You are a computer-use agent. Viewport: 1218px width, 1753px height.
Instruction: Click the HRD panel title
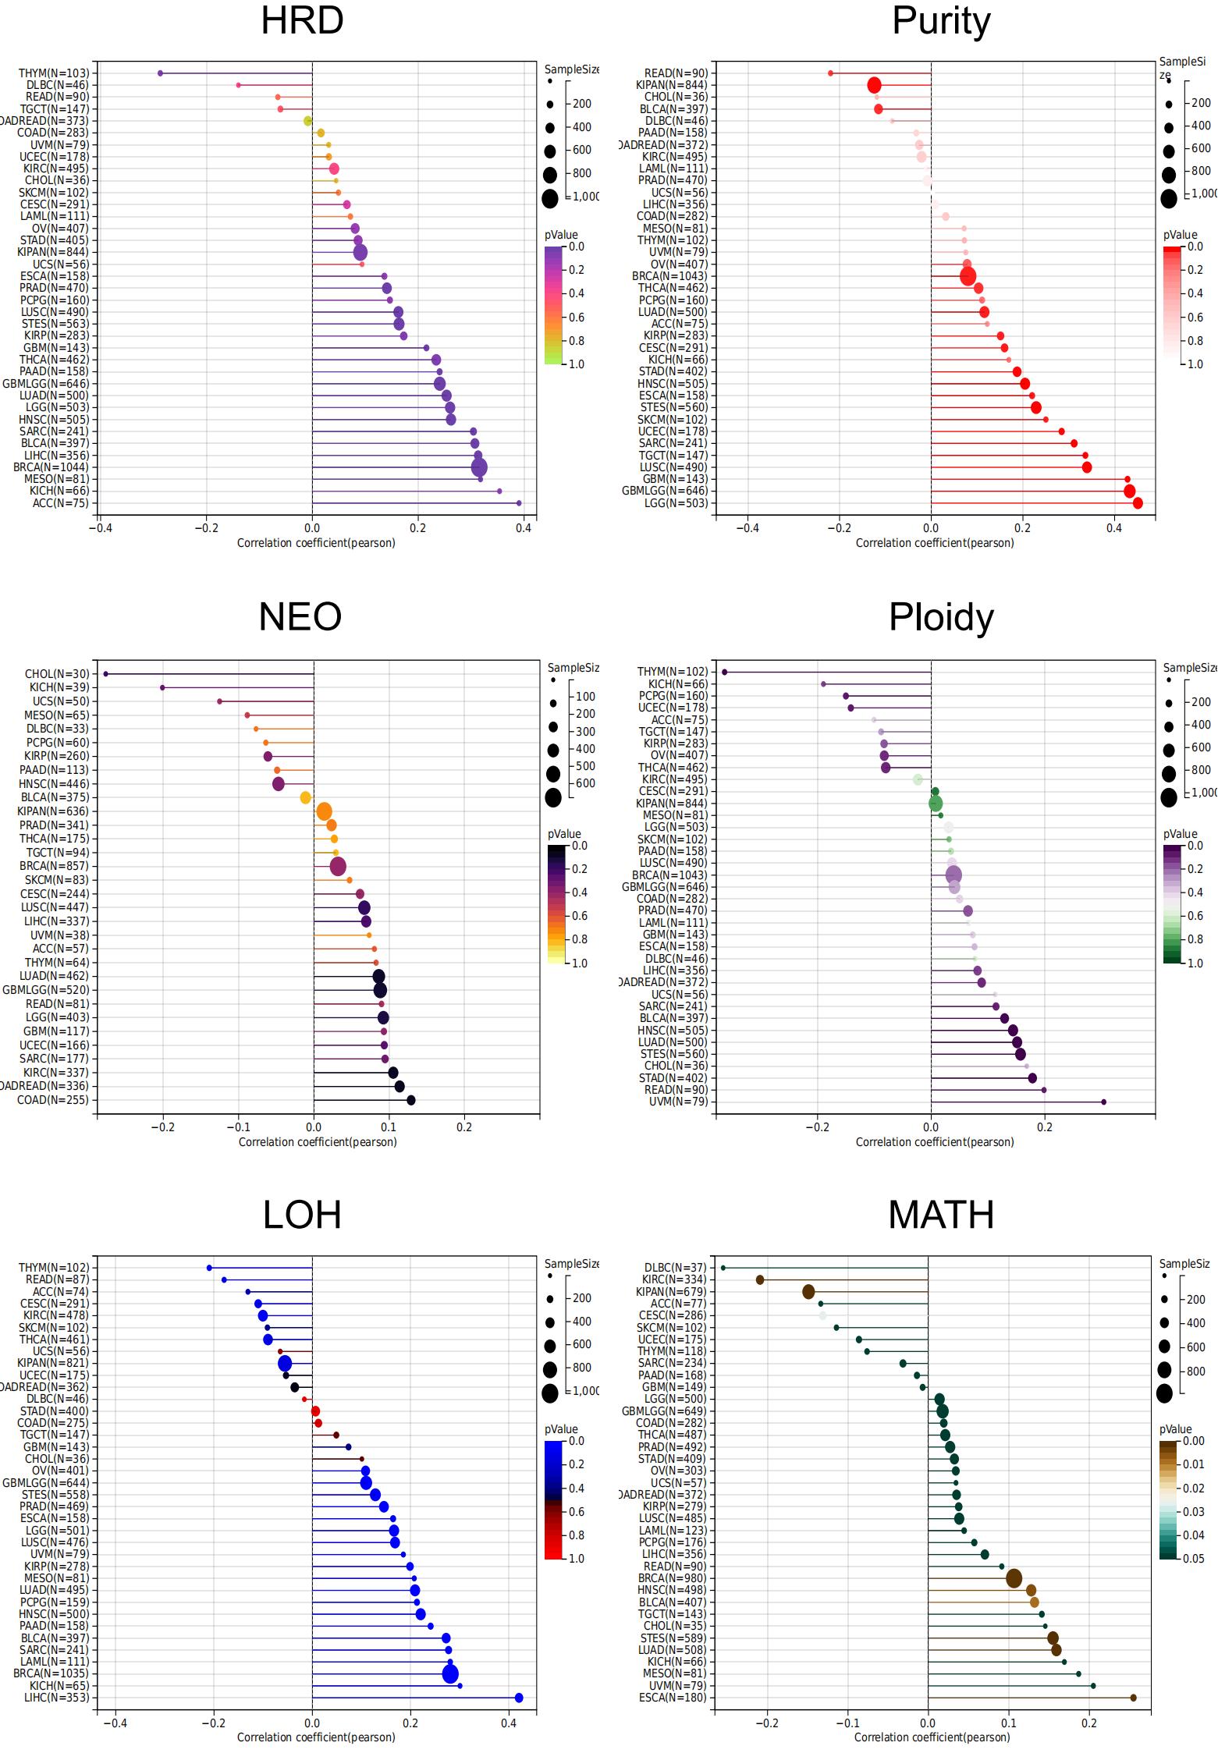pos(302,21)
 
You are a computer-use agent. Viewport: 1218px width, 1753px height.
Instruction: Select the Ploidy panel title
pos(941,617)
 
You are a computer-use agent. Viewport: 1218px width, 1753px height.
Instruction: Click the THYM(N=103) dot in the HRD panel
pos(161,73)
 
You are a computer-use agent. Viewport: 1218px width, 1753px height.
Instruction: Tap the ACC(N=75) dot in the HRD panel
pos(519,503)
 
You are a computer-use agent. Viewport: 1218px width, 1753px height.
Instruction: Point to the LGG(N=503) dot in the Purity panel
pos(1138,503)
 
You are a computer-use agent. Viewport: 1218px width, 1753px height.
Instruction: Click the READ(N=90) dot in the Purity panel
pos(830,73)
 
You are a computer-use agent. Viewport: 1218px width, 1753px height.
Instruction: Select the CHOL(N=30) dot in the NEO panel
pos(105,674)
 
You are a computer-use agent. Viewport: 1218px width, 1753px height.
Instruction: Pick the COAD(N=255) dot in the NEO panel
pos(411,1100)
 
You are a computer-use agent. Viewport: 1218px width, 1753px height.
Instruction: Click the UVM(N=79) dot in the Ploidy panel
pos(1103,1102)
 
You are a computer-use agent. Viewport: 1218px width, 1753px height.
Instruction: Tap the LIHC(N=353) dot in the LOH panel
pos(519,1698)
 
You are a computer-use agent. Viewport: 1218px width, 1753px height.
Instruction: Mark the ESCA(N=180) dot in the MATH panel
pos(1134,1698)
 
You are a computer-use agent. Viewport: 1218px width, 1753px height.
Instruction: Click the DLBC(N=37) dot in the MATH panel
pos(723,1268)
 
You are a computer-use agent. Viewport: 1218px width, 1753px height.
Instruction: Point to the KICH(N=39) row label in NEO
pos(59,687)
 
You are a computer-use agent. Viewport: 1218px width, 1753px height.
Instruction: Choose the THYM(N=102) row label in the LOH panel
pos(54,1268)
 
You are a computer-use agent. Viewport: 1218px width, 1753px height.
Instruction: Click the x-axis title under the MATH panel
pos(932,1737)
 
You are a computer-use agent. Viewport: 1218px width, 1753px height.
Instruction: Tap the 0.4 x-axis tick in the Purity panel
pos(1114,528)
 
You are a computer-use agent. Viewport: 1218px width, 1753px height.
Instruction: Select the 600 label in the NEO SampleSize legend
pos(585,783)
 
